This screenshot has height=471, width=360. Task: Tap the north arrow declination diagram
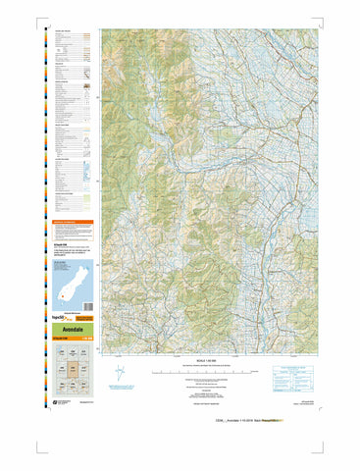click(120, 375)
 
